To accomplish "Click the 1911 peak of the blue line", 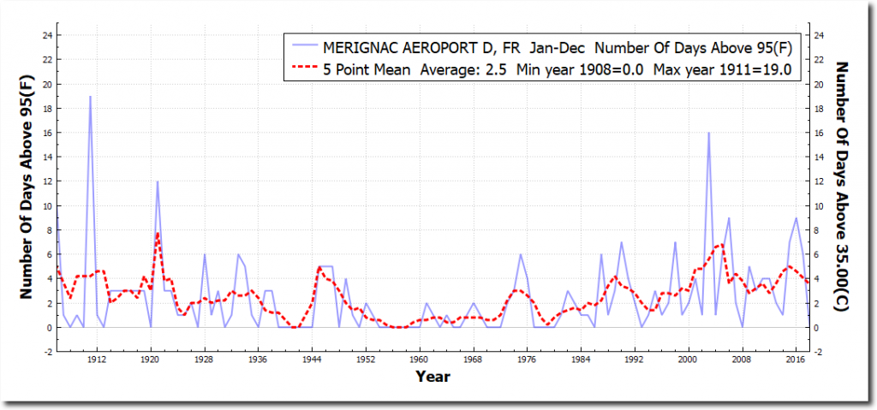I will click(90, 97).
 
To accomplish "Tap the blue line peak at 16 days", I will click(708, 134).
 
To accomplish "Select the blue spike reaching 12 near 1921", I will click(158, 181).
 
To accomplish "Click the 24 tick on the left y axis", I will click(49, 35).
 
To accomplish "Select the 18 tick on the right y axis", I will click(819, 109).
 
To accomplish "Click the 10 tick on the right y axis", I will click(819, 206).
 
